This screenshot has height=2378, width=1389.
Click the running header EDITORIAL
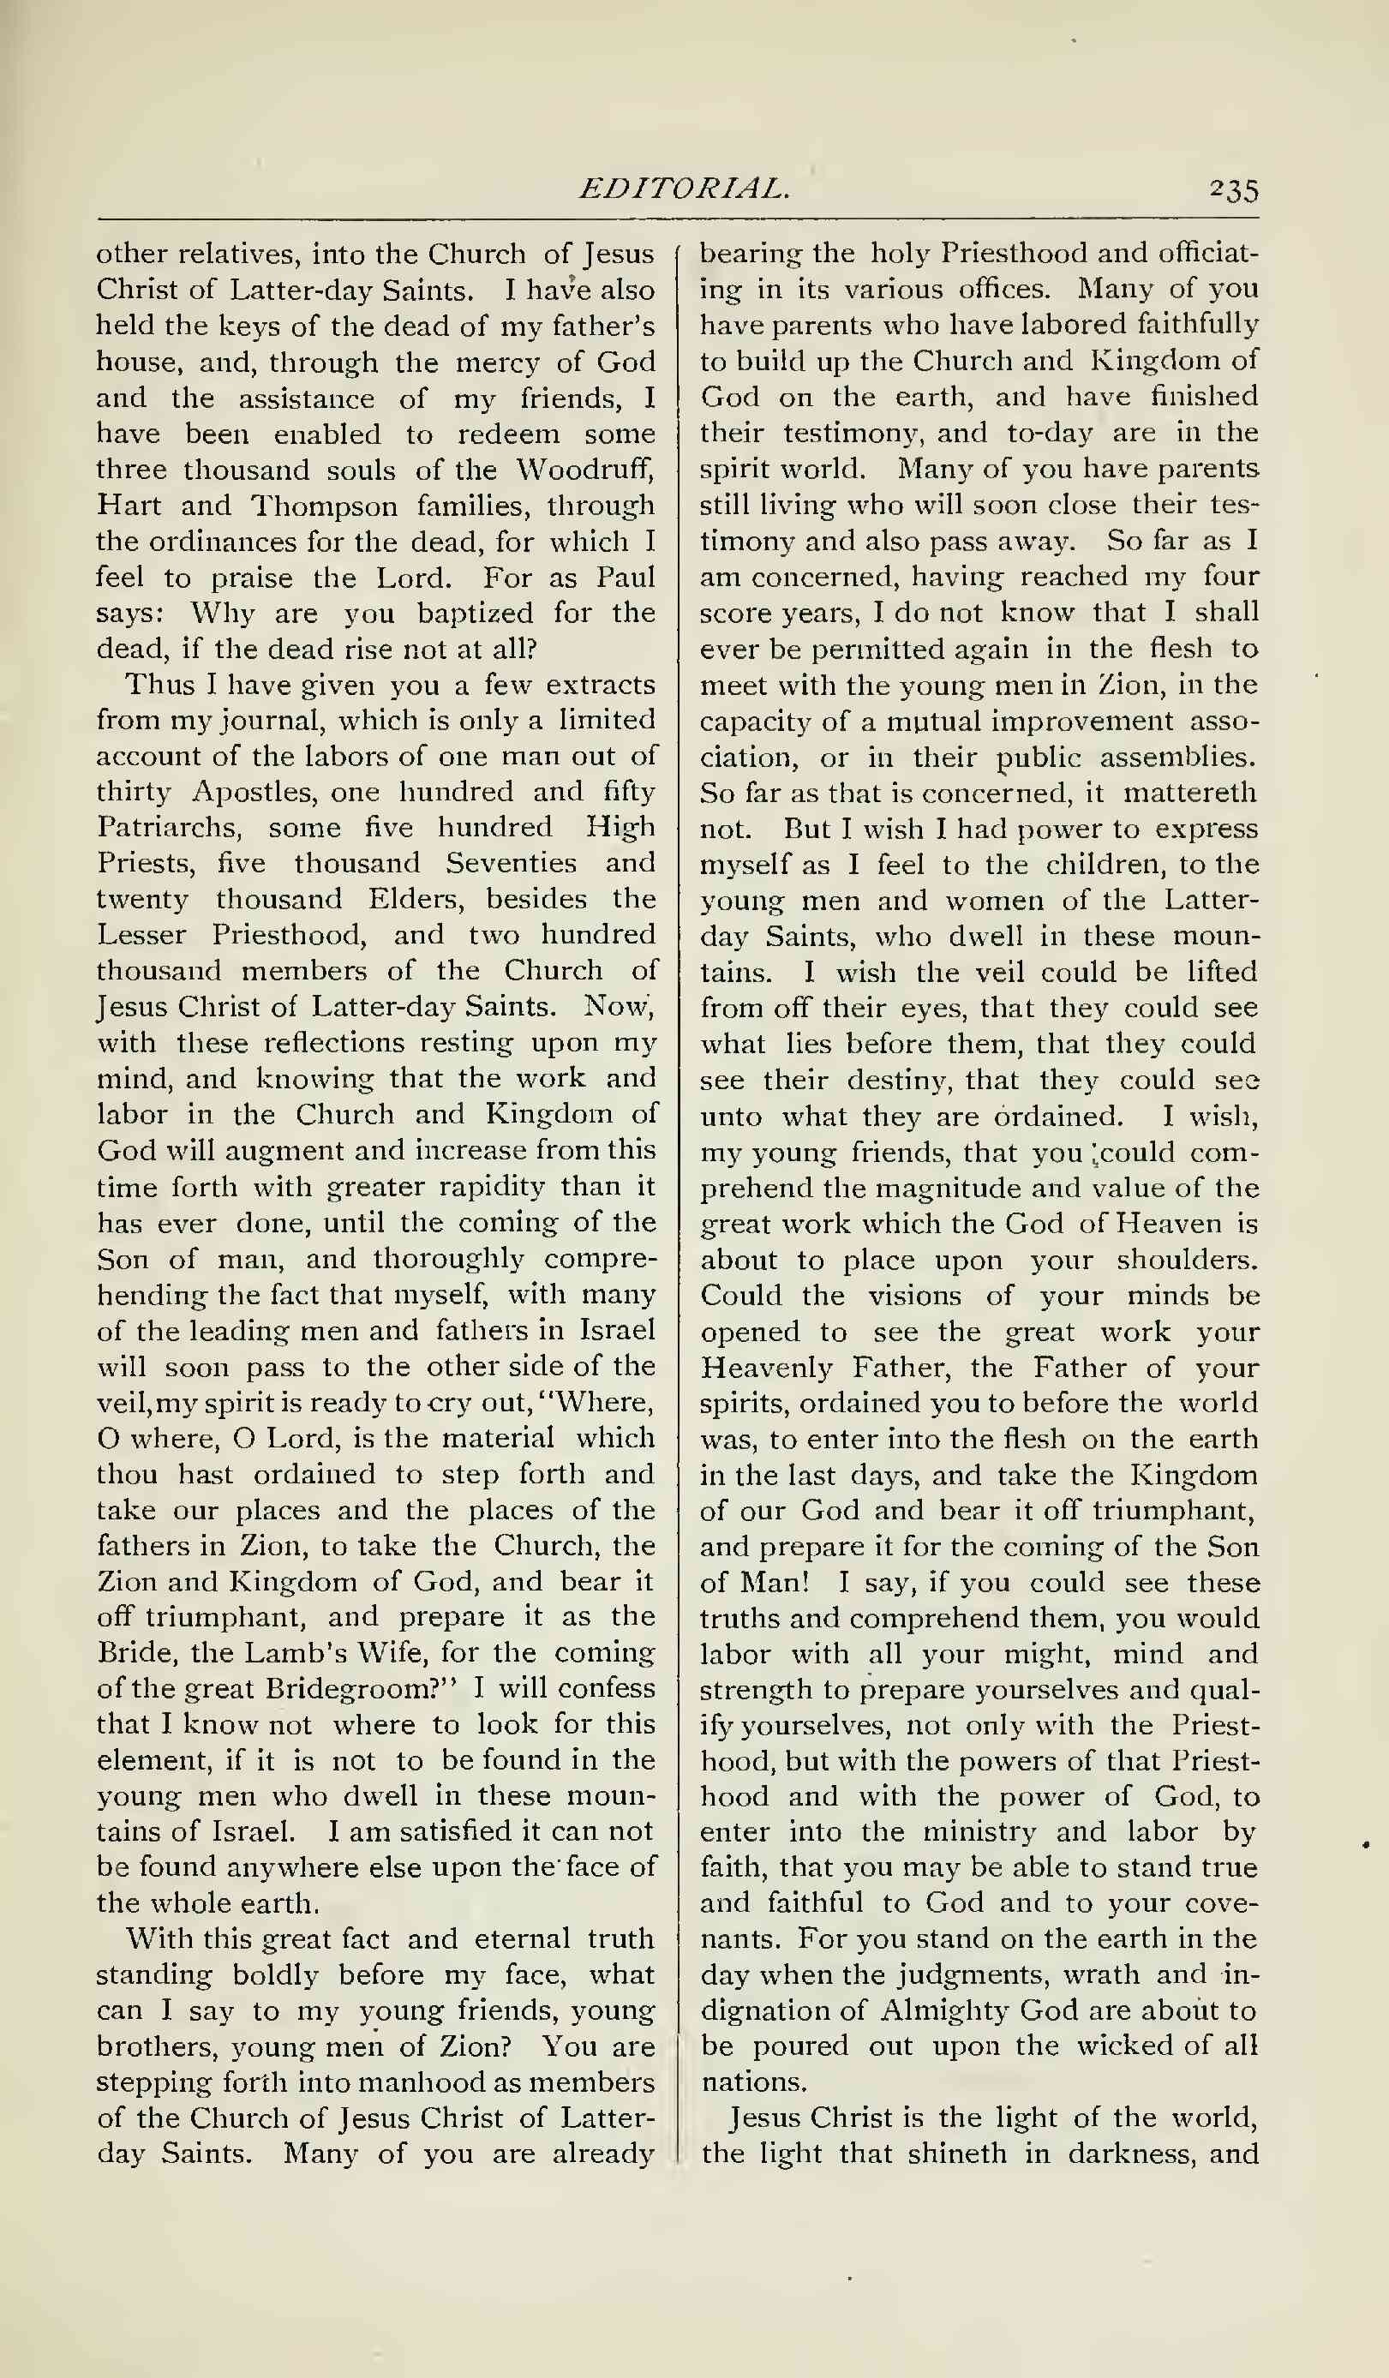click(684, 189)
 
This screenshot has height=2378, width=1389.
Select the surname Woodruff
click(585, 469)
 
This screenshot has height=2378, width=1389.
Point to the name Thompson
click(324, 506)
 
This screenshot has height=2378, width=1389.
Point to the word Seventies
click(511, 864)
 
